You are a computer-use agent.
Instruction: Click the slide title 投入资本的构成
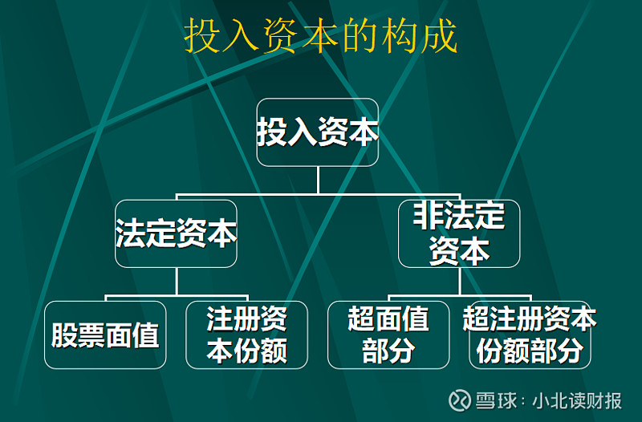(321, 38)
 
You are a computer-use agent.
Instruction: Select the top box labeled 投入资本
(318, 132)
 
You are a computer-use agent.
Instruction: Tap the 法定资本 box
(176, 233)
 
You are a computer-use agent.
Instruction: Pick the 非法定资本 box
(459, 233)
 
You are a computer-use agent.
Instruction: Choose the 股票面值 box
(105, 335)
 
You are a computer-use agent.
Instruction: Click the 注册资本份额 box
(246, 335)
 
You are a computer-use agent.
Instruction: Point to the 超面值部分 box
(388, 335)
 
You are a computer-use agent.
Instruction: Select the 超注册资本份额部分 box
(530, 335)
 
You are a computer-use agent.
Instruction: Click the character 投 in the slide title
(203, 38)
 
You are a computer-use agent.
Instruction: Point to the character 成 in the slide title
(438, 38)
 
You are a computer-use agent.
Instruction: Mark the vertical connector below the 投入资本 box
(318, 181)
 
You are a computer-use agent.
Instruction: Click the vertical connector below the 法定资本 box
(176, 282)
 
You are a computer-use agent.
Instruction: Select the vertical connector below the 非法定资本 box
(459, 282)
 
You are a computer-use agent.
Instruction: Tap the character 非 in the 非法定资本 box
(431, 217)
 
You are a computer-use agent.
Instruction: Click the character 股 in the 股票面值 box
(65, 335)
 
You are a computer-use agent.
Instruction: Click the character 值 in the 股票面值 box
(145, 335)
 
